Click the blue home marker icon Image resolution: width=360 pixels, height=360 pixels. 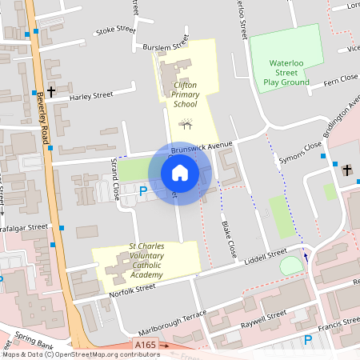point(179,173)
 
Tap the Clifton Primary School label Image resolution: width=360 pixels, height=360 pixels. point(185,94)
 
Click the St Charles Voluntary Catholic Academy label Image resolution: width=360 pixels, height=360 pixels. point(146,261)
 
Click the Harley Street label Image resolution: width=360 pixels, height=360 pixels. point(91,95)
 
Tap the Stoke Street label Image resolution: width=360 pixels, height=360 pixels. point(115,30)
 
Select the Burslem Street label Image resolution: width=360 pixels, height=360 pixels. point(162,47)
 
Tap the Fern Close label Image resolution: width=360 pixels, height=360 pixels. point(340,79)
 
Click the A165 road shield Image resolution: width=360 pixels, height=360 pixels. point(145,345)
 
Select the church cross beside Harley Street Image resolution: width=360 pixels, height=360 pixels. point(50,92)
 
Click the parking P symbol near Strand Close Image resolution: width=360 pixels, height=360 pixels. point(143,190)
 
